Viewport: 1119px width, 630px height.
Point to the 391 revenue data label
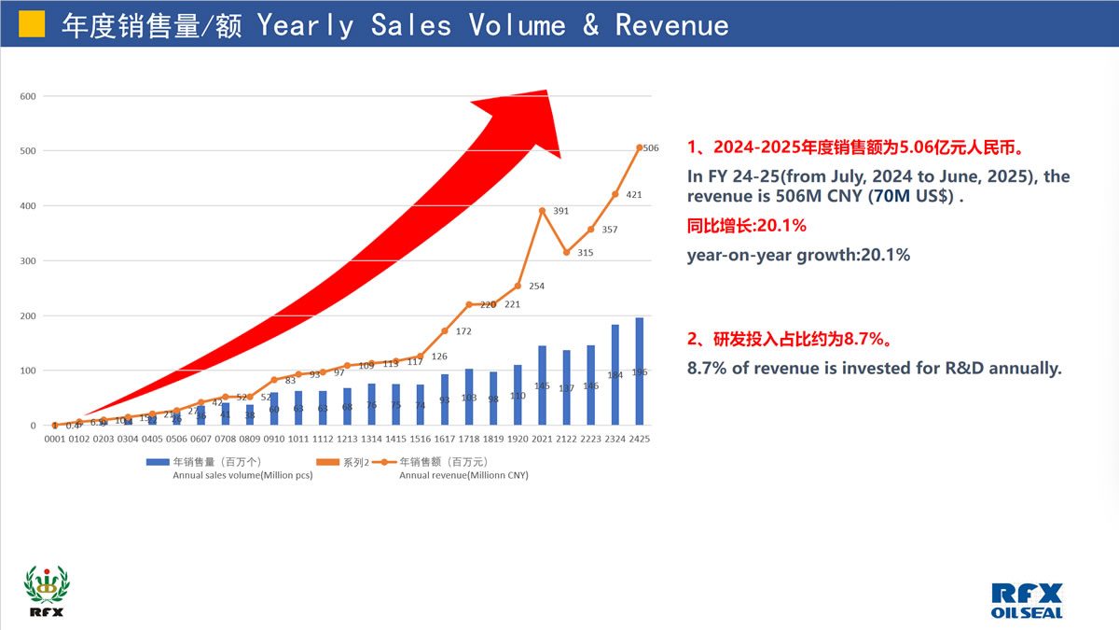pyautogui.click(x=560, y=211)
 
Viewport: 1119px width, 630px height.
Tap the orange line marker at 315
pyautogui.click(x=566, y=252)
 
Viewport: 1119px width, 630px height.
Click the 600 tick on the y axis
pyautogui.click(x=28, y=96)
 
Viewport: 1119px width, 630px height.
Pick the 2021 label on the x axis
pyautogui.click(x=542, y=439)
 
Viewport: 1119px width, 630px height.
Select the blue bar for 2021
pyautogui.click(x=542, y=385)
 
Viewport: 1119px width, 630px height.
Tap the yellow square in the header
pyautogui.click(x=33, y=23)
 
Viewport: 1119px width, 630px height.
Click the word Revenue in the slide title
pyautogui.click(x=671, y=25)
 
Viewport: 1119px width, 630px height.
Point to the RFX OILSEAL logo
pyautogui.click(x=1028, y=600)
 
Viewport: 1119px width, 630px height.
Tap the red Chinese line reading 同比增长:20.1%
pyautogui.click(x=746, y=226)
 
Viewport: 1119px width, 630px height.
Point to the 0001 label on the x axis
pyautogui.click(x=55, y=439)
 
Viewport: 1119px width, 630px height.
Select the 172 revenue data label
pyautogui.click(x=463, y=331)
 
